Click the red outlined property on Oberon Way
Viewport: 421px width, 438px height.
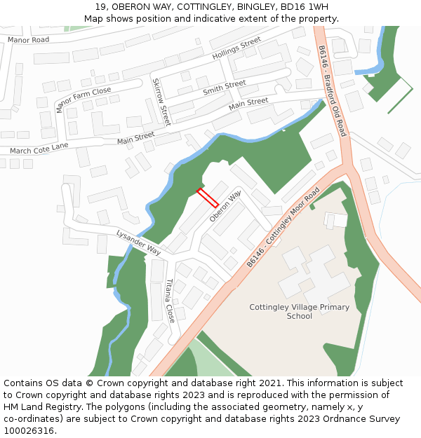(207, 198)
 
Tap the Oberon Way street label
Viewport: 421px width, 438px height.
(225, 206)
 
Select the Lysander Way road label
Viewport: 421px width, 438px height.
(139, 242)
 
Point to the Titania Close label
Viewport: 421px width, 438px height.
(169, 300)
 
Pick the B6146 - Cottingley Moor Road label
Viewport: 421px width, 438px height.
(283, 227)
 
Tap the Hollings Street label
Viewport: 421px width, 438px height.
(236, 50)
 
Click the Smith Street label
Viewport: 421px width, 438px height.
(224, 88)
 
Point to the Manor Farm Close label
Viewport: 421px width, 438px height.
(83, 100)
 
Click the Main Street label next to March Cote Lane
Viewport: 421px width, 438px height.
(135, 138)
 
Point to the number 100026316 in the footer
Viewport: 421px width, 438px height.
(28, 430)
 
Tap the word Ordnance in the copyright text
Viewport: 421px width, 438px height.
(338, 418)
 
